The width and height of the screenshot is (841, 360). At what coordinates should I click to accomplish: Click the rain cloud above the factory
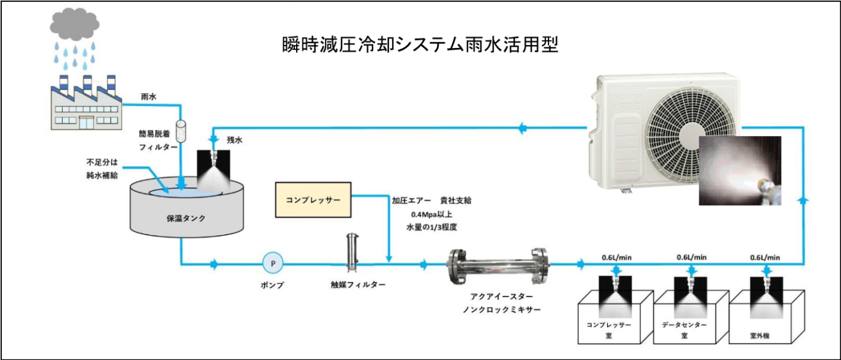(x=74, y=24)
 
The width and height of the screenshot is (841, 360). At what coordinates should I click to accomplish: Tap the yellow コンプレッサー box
(x=313, y=199)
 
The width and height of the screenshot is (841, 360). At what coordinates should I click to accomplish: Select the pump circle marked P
(x=272, y=263)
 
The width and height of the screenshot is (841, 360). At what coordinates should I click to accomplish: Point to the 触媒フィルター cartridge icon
(x=353, y=252)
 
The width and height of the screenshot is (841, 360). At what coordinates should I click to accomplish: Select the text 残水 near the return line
(x=235, y=140)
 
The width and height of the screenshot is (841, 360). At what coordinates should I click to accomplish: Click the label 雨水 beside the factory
(x=148, y=97)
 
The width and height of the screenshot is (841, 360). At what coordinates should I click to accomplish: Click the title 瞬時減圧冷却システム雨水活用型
(x=420, y=46)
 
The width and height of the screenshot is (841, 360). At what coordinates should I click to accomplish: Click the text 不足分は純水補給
(x=102, y=169)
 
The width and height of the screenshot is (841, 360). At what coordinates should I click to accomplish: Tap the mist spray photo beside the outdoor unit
(x=740, y=170)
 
